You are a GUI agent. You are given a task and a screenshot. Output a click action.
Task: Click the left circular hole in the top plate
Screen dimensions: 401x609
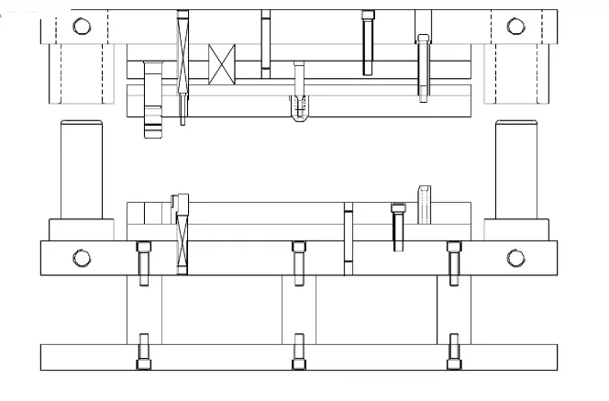pos(82,26)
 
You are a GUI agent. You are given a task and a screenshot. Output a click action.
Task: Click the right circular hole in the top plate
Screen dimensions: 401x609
pos(516,26)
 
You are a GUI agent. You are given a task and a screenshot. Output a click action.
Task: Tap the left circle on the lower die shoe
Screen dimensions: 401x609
pos(82,258)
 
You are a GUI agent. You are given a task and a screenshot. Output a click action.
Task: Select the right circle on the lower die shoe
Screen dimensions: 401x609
pos(515,258)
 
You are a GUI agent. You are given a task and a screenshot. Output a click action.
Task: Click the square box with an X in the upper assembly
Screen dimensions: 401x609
pos(223,64)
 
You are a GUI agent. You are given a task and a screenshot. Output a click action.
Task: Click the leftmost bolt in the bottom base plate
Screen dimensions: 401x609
pos(144,353)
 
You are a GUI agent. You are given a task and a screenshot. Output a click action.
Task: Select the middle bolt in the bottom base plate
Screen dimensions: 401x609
pos(298,353)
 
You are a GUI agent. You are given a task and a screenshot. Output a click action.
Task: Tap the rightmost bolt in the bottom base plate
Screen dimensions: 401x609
pos(453,353)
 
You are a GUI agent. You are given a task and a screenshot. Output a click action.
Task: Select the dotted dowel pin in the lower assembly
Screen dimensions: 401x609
pos(424,204)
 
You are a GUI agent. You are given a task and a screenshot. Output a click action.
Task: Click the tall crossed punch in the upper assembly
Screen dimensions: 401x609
pos(183,64)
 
